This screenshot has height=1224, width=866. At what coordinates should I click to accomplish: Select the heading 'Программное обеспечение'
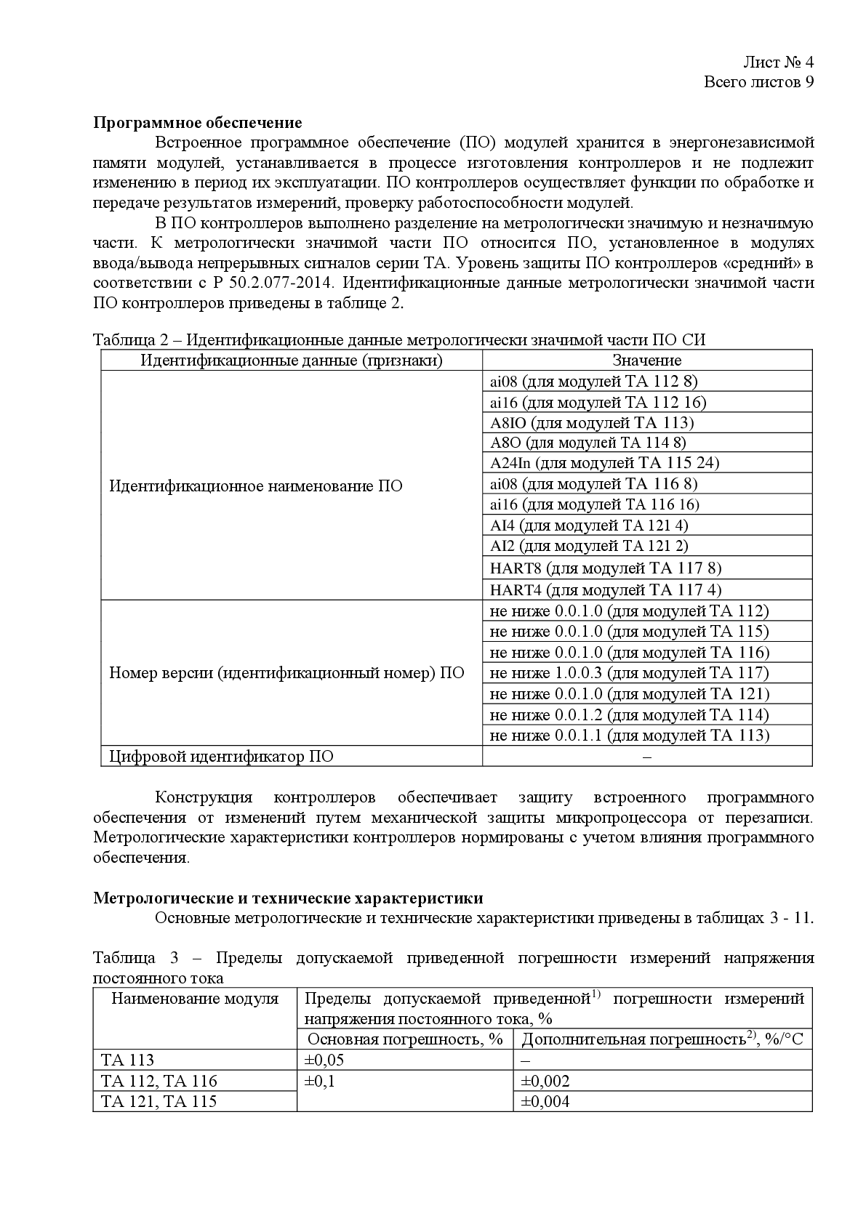point(198,122)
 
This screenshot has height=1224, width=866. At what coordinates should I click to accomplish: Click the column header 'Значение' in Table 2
point(646,361)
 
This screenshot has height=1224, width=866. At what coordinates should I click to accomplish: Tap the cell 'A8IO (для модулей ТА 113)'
point(592,422)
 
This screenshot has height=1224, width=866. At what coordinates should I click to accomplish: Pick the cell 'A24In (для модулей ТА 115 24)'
point(604,463)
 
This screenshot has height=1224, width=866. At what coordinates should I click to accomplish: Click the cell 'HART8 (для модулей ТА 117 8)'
point(606,568)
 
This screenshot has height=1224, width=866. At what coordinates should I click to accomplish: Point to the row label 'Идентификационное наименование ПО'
point(256,486)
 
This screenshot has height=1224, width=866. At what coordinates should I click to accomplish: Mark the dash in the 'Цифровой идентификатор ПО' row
point(647,757)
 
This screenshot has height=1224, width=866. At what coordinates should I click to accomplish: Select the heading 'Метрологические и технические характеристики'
point(288,898)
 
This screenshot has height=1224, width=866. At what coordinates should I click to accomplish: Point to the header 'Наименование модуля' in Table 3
point(195,999)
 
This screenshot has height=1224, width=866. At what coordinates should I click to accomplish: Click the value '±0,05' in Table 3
point(324,1060)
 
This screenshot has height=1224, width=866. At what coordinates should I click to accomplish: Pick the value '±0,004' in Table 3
point(545,1102)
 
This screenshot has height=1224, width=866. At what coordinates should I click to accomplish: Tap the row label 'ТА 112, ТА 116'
point(159,1081)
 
